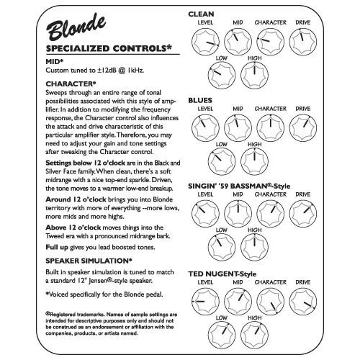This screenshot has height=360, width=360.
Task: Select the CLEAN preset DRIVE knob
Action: [306, 42]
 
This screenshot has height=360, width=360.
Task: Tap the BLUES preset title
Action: [201, 99]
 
